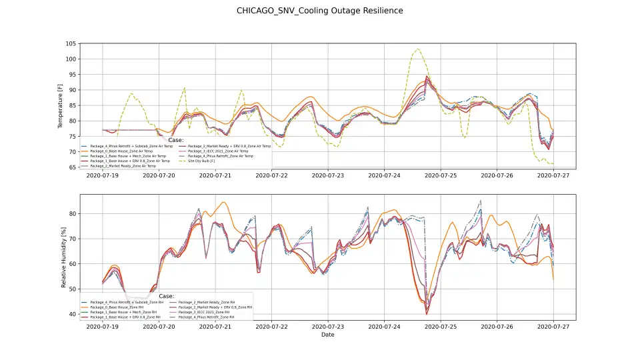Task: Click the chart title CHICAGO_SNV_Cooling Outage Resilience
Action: tap(319, 11)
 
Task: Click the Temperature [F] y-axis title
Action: tap(60, 105)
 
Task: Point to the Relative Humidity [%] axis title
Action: tap(64, 258)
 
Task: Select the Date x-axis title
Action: tap(327, 335)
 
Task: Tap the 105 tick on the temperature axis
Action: tap(71, 43)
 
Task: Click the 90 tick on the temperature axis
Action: tap(72, 90)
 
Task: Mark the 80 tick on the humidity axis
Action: tap(72, 213)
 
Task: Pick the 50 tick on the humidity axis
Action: tap(72, 289)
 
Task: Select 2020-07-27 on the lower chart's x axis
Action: tap(554, 327)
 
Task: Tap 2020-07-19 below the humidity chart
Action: tap(102, 327)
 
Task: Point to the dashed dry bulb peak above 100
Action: tap(417, 49)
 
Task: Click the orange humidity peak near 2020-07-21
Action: tap(223, 203)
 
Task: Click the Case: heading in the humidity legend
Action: tap(167, 296)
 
